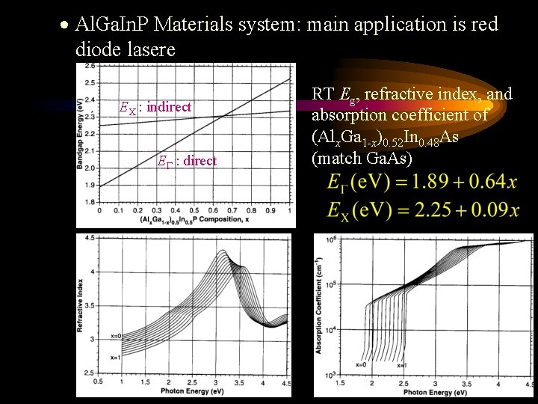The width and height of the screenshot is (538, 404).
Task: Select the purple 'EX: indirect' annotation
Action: point(156,107)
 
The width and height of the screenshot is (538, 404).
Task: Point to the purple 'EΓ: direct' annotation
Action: point(187,161)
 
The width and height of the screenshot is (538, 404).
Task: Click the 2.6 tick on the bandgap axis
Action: point(89,66)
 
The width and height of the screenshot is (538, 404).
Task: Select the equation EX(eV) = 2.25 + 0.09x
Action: point(423,210)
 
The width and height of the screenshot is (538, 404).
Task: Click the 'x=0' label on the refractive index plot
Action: point(114,335)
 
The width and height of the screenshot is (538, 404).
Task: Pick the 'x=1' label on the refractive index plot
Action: point(114,357)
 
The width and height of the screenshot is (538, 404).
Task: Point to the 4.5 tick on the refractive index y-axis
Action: point(90,237)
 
